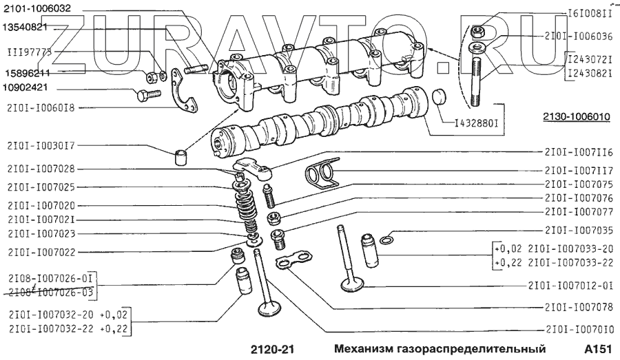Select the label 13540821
[x=27, y=27]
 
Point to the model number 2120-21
[x=271, y=348]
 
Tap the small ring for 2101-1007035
[x=388, y=239]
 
